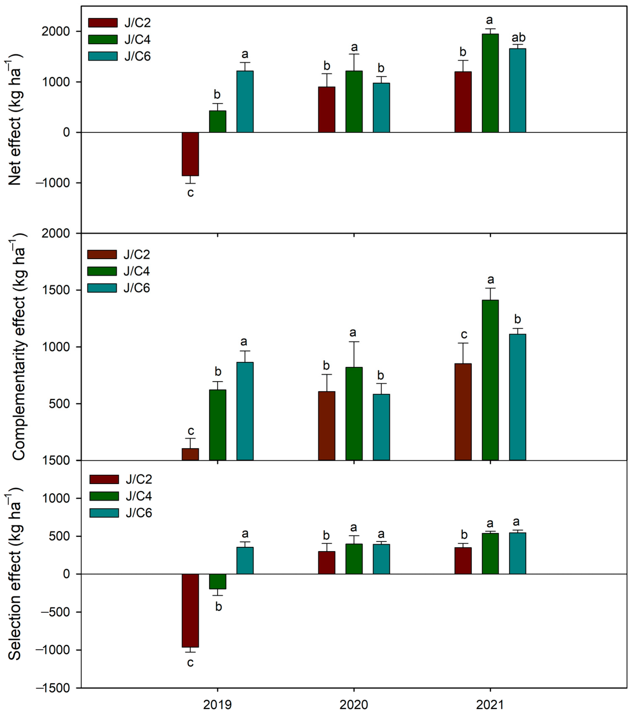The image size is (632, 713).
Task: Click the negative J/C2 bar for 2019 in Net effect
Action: point(190,154)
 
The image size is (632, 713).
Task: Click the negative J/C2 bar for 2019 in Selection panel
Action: point(190,611)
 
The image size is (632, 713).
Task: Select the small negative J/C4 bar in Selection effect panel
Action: point(218,581)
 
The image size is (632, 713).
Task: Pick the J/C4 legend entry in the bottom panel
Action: point(139,496)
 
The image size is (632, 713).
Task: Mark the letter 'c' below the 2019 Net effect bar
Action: point(190,193)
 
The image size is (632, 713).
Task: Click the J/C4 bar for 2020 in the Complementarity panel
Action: point(354,413)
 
